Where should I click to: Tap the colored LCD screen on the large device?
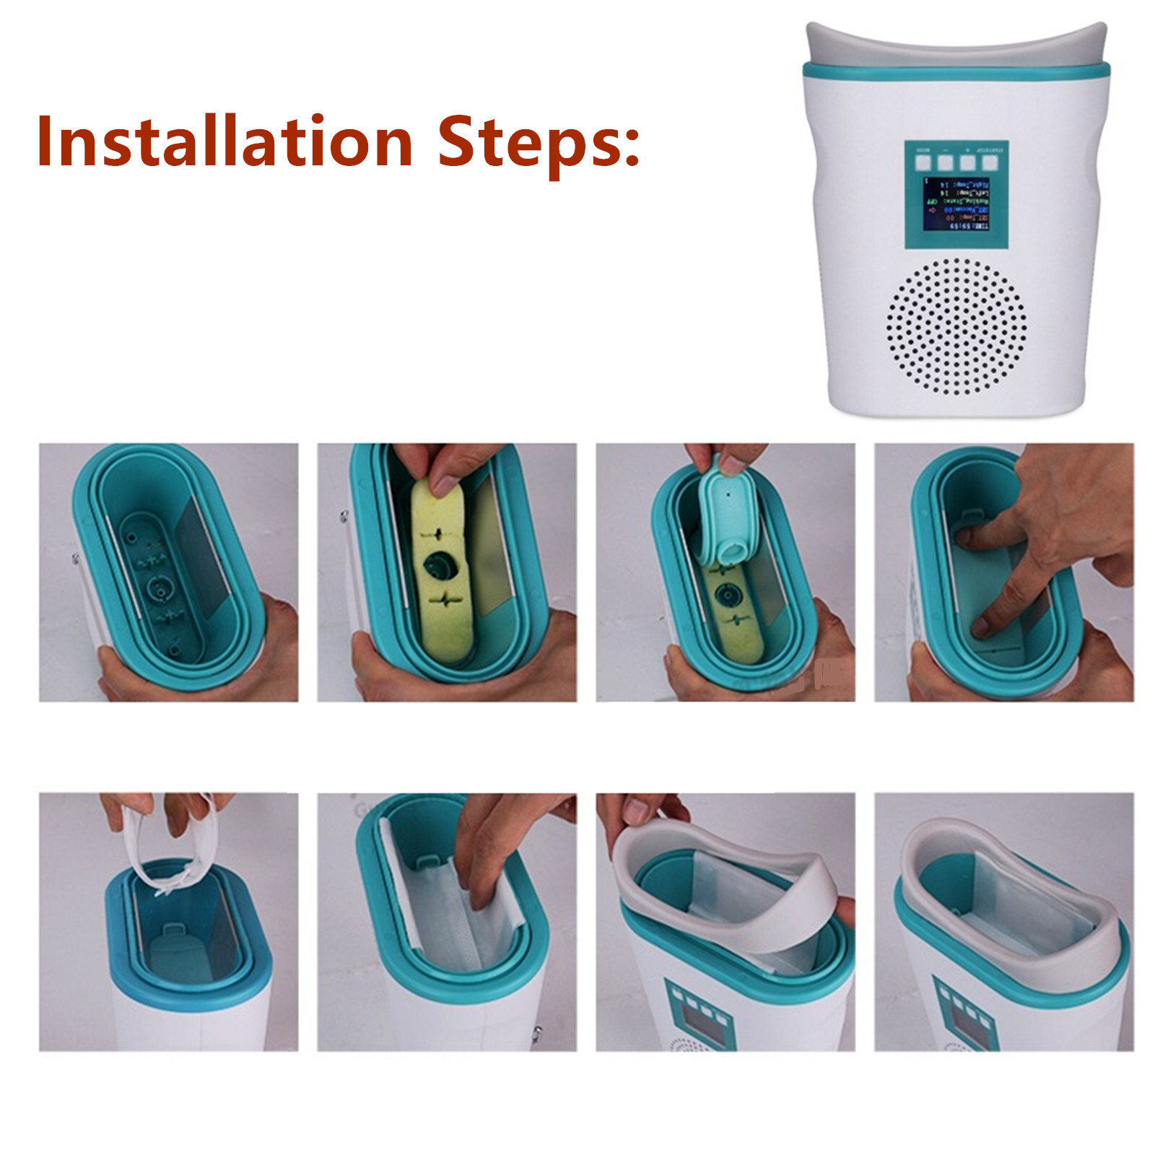[956, 204]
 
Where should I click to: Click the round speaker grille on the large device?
[956, 326]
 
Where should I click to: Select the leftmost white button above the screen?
[923, 162]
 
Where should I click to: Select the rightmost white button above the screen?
[989, 162]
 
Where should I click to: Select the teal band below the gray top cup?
[956, 70]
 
